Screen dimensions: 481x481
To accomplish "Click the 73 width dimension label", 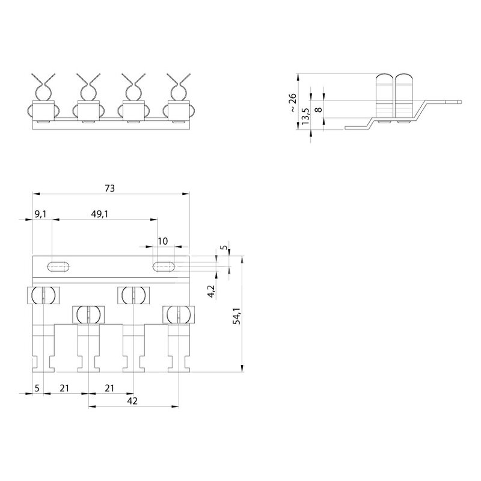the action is (109, 188).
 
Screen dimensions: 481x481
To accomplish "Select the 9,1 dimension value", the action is (40, 214).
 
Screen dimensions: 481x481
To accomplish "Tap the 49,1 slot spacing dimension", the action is (99, 214).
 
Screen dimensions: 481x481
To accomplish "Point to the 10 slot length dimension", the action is (163, 241).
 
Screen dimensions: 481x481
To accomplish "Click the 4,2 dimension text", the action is (212, 291).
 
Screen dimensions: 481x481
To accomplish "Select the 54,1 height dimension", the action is (236, 316).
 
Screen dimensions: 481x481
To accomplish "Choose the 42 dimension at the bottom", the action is (132, 401).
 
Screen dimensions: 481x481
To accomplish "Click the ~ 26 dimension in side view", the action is (293, 102).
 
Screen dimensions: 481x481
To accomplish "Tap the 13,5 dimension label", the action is (305, 116).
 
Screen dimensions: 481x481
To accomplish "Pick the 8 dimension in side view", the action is (319, 109).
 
